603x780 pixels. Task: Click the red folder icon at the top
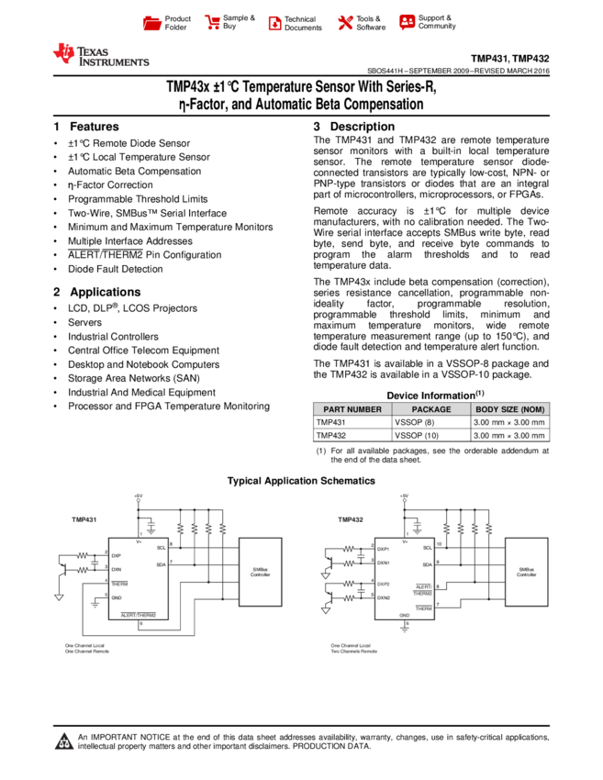pyautogui.click(x=152, y=23)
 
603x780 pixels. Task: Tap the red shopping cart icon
pyautogui.click(x=213, y=22)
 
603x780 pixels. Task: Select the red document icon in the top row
pyautogui.click(x=274, y=23)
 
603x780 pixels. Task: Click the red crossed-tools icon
pyautogui.click(x=345, y=22)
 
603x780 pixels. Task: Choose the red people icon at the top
pyautogui.click(x=407, y=21)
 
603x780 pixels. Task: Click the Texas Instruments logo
pyautogui.click(x=100, y=55)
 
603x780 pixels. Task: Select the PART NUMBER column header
pyautogui.click(x=352, y=409)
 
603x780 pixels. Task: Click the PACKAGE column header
pyautogui.click(x=431, y=409)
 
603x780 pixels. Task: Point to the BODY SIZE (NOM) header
pyautogui.click(x=510, y=409)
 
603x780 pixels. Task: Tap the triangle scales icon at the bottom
pyautogui.click(x=64, y=741)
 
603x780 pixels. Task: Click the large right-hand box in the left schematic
pyautogui.click(x=260, y=572)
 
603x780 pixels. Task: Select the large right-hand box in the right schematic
pyautogui.click(x=526, y=572)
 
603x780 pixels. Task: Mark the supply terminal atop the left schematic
pyautogui.click(x=138, y=501)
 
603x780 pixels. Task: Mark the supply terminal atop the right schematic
pyautogui.click(x=404, y=501)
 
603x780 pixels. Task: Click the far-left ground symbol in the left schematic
pyautogui.click(x=59, y=597)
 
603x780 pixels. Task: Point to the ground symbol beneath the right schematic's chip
pyautogui.click(x=404, y=630)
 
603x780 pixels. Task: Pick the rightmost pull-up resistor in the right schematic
pyautogui.click(x=488, y=529)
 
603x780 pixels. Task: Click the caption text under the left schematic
pyautogui.click(x=86, y=649)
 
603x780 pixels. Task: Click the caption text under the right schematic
pyautogui.click(x=353, y=649)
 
